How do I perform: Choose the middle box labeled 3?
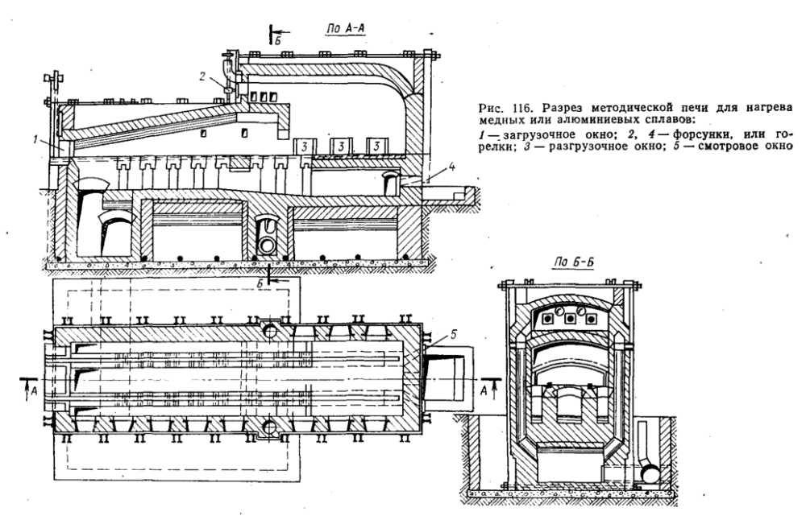click(341, 148)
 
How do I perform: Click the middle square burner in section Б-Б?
click(570, 317)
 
